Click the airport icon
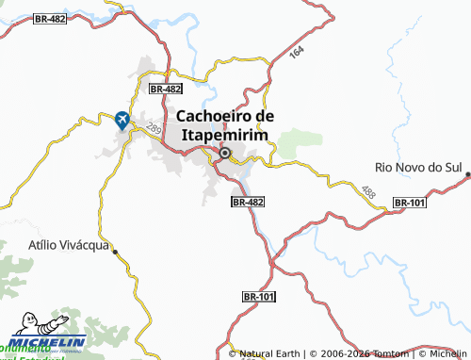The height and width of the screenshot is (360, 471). (122, 120)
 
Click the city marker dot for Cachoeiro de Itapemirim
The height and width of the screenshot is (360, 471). (225, 153)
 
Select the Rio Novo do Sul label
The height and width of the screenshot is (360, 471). (416, 167)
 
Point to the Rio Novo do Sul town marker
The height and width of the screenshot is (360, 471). (467, 173)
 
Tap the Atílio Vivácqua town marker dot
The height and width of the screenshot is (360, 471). (114, 251)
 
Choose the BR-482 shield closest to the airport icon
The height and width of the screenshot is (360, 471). (165, 88)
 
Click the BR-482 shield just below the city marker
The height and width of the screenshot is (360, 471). (248, 202)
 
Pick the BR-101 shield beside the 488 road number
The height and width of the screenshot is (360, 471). (410, 203)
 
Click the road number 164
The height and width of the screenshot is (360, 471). (298, 54)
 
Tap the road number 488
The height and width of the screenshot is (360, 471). (368, 192)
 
